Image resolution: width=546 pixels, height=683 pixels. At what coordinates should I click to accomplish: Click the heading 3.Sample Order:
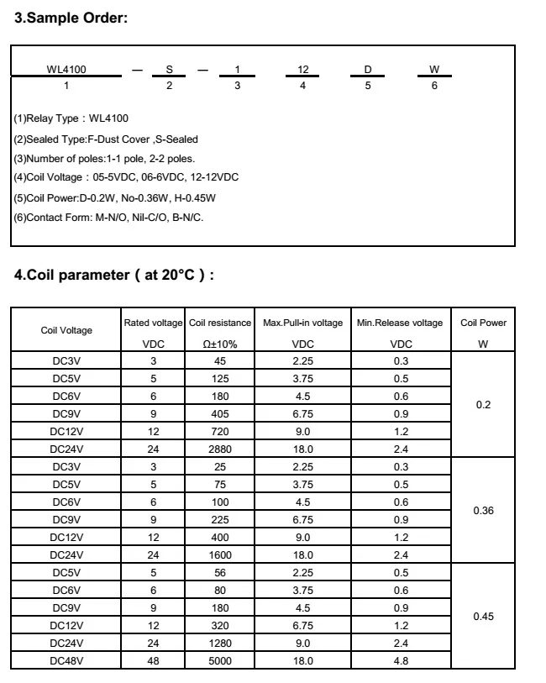[x=71, y=18]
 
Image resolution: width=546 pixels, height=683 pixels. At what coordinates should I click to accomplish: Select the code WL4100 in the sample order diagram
[x=66, y=69]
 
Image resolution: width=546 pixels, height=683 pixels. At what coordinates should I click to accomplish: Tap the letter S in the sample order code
[x=169, y=69]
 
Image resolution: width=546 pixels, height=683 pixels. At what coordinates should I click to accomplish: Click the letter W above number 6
[x=434, y=69]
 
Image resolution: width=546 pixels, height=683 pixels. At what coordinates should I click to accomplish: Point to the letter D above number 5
[x=368, y=69]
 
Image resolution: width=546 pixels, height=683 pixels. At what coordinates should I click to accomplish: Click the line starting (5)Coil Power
[x=114, y=197]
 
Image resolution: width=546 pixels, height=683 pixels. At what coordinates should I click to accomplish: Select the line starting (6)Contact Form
[x=108, y=217]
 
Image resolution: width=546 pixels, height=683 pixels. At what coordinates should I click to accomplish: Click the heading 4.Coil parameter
[x=114, y=275]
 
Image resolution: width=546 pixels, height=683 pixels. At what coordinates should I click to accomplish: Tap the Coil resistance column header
[x=220, y=323]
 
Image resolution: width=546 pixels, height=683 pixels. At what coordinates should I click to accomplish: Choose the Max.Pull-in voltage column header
[x=302, y=323]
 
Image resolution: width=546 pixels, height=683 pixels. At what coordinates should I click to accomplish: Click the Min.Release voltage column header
[x=400, y=323]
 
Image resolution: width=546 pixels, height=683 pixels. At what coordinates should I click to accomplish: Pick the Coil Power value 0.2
[x=483, y=405]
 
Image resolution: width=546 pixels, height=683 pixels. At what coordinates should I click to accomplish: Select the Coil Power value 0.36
[x=483, y=511]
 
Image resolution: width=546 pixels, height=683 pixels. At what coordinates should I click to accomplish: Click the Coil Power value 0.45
[x=483, y=617]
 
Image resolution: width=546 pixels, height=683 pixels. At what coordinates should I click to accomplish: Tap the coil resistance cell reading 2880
[x=220, y=449]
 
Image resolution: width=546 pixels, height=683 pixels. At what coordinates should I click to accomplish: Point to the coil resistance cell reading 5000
[x=220, y=661]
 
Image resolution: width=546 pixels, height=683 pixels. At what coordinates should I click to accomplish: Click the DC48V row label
[x=66, y=661]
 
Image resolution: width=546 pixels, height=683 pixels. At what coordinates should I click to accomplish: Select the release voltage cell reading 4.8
[x=401, y=661]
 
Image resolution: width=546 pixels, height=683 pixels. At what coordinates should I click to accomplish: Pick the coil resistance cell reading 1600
[x=220, y=554]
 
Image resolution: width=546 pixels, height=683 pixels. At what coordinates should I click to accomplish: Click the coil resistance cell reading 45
[x=220, y=360]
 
